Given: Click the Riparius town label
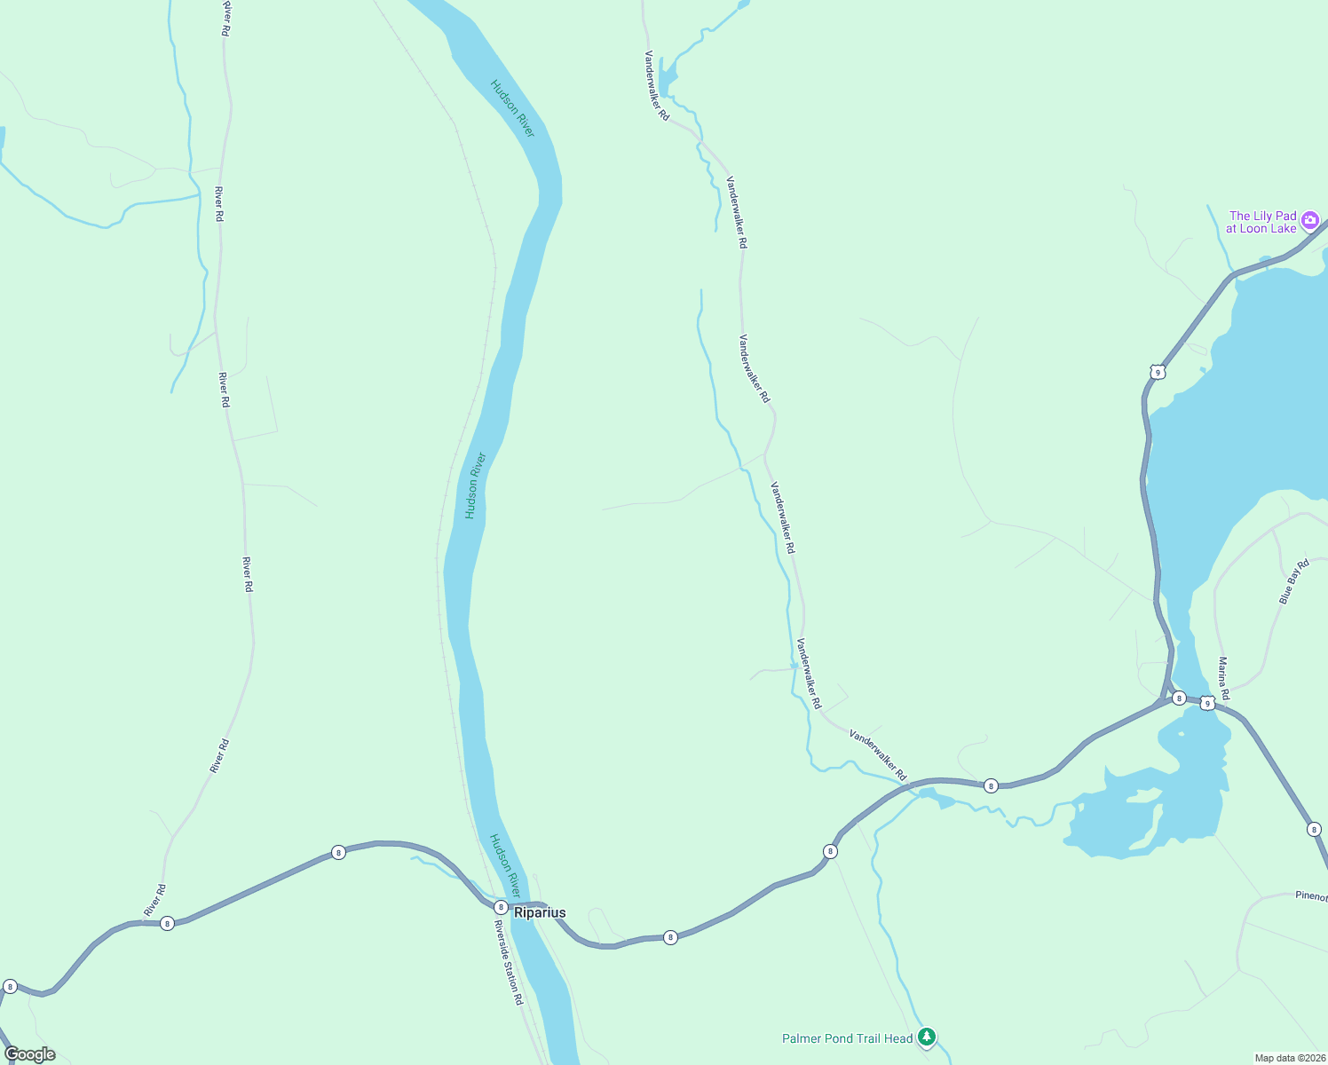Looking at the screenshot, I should pos(540,912).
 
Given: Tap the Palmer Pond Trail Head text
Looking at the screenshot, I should pos(847,1038).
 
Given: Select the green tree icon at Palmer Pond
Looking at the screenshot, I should pos(927,1037).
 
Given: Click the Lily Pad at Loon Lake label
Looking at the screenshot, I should pos(1261,222).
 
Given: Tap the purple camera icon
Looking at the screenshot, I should pos(1310,221).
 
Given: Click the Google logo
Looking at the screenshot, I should pos(30,1054).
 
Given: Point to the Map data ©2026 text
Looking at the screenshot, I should pos(1289,1058).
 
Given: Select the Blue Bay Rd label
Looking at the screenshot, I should pos(1293,582).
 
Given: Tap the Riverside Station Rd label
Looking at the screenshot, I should pos(509,962).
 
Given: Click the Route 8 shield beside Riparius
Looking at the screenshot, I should pos(501,907).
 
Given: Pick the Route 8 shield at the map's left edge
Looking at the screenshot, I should pos(10,986).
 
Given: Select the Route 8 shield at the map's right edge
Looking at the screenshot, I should pos(1314,829).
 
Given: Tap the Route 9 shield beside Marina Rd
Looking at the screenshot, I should pos(1206,703).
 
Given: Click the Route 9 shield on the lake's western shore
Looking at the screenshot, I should pos(1157,372).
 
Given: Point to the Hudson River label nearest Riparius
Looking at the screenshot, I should pos(504,865).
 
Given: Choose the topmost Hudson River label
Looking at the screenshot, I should pos(513,108).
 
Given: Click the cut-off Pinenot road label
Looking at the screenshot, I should pos(1310,896).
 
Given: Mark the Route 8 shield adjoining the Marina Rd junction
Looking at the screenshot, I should pos(1178,698).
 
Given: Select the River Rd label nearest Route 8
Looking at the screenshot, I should pos(154,901).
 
